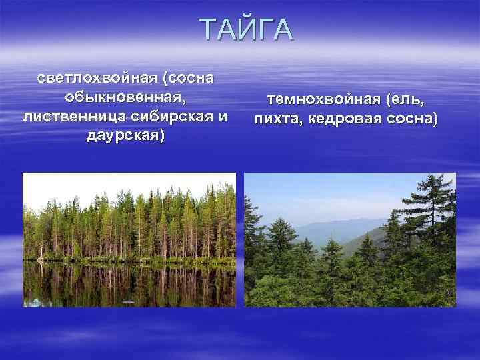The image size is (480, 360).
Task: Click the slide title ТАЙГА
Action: click(246, 31)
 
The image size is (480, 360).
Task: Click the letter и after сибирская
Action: click(222, 117)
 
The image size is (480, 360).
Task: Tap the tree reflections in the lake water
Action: click(127, 283)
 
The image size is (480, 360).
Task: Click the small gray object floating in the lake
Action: click(128, 302)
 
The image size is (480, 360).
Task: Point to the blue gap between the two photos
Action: click(240, 240)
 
